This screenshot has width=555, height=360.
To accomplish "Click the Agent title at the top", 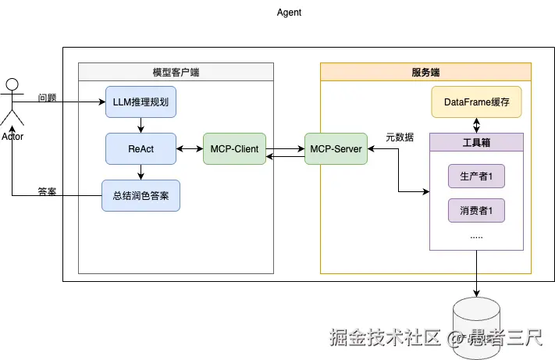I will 289,12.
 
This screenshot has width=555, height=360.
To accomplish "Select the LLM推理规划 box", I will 141,102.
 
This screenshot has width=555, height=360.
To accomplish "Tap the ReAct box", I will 141,148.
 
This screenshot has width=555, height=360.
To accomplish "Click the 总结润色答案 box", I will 141,195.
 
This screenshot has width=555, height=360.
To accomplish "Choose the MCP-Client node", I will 234,148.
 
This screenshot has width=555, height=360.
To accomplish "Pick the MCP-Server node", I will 336,148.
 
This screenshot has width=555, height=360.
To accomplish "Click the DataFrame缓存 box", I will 475,102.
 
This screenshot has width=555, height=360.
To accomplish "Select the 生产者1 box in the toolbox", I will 476,177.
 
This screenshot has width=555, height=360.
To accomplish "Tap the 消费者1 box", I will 476,210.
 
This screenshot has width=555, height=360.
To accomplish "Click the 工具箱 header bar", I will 476,143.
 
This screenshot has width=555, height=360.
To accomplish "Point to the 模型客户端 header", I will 176,73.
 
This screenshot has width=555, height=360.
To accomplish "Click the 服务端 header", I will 425,73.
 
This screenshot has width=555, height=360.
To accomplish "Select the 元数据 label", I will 400,137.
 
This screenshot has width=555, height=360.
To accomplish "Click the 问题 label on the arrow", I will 47,98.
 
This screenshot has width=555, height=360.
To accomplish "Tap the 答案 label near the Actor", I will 47,191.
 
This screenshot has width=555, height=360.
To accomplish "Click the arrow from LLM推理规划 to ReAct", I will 141,124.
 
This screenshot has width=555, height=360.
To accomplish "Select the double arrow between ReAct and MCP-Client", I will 190,148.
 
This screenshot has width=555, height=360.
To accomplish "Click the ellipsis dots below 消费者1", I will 476,235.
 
